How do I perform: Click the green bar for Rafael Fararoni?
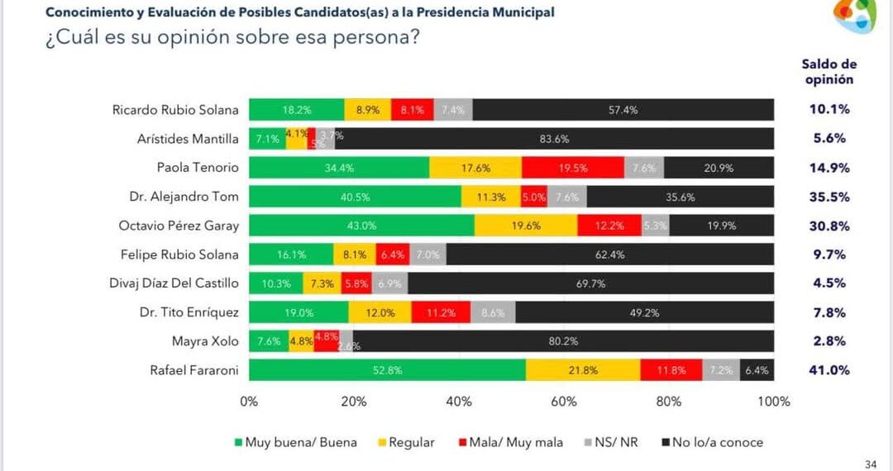387,370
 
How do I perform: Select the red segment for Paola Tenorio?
572,168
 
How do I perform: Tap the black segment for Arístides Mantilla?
554,139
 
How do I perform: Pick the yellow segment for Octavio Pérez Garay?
525,226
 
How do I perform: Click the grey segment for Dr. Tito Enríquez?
492,312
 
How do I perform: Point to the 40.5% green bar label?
355,197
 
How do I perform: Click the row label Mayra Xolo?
205,341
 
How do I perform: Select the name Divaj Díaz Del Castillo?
174,283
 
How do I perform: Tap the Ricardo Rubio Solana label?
175,110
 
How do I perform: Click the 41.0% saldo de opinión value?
829,370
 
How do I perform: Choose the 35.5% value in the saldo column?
829,197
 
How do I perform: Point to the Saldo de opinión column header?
829,72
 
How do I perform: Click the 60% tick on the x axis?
564,402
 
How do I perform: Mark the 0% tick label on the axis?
249,402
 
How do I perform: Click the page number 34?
870,464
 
